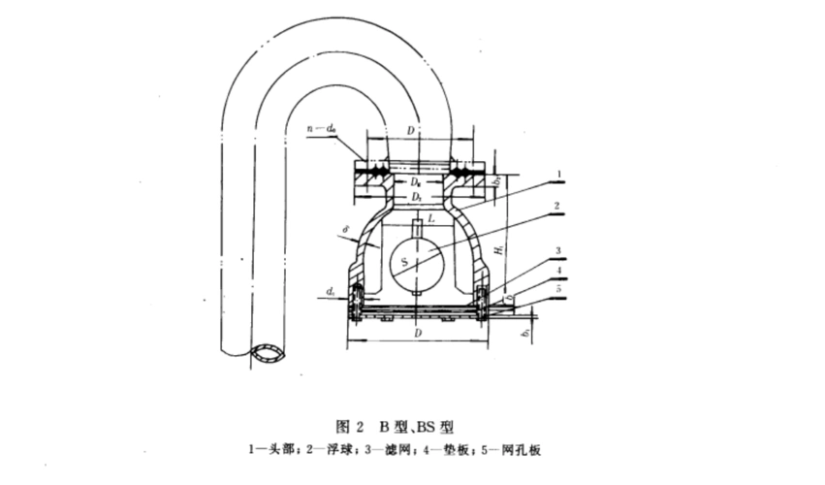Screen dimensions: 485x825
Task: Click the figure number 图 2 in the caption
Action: tap(348, 426)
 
